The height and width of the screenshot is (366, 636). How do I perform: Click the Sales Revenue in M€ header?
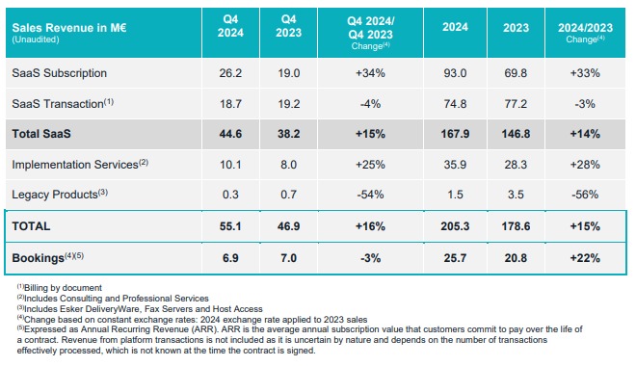pos(69,28)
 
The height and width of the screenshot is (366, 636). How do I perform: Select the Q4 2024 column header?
pos(230,26)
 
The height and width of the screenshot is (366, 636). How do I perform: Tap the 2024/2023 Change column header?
pos(585,33)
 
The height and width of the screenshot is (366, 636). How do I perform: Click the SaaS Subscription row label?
pos(59,73)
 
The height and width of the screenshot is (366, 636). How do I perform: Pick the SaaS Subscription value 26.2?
pos(230,73)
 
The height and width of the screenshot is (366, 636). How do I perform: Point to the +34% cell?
pos(370,73)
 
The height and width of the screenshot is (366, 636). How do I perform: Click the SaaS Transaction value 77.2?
pos(516,104)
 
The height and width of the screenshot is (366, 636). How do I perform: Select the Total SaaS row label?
pos(41,134)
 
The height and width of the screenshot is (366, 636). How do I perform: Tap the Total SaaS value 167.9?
pos(455,134)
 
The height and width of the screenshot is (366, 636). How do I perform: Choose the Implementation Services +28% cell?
pos(585,165)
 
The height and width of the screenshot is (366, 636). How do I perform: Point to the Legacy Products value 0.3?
pos(230,195)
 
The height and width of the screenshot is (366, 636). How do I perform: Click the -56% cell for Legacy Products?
pos(585,195)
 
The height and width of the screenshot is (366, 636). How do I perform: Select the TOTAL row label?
pos(31,226)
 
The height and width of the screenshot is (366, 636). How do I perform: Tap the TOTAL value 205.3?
pos(455,226)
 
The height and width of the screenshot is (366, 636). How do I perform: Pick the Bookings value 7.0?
pos(288,258)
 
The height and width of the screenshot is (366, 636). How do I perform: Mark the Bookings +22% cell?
pos(585,258)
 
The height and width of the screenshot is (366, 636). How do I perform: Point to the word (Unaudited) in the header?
pos(36,39)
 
